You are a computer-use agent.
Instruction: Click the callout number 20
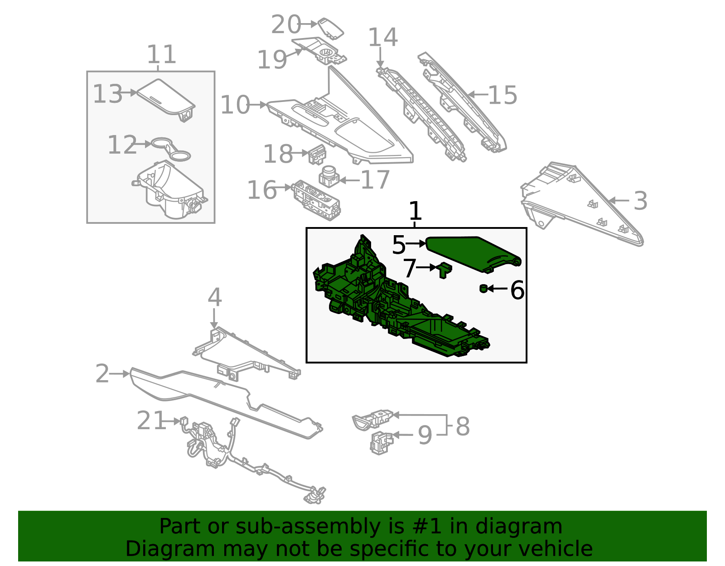(x=286, y=24)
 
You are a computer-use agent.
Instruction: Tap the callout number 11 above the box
(x=161, y=54)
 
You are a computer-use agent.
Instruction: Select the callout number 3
(x=640, y=201)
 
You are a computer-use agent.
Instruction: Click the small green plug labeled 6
(x=483, y=289)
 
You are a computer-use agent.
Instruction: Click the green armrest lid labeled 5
(x=473, y=255)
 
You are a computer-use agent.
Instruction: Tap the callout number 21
(x=151, y=420)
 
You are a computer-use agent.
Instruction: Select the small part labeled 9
(x=382, y=443)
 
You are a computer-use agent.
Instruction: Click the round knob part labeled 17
(x=329, y=176)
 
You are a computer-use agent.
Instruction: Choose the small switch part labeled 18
(x=317, y=155)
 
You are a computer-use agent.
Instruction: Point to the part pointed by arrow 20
(x=331, y=29)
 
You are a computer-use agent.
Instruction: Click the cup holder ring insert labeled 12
(x=171, y=149)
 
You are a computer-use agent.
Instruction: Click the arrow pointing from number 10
(x=258, y=105)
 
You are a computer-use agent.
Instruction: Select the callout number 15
(x=503, y=95)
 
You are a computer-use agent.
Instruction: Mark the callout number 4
(x=214, y=297)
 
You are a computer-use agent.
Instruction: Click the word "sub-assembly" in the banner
(x=308, y=526)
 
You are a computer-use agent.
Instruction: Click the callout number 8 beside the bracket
(x=463, y=426)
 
